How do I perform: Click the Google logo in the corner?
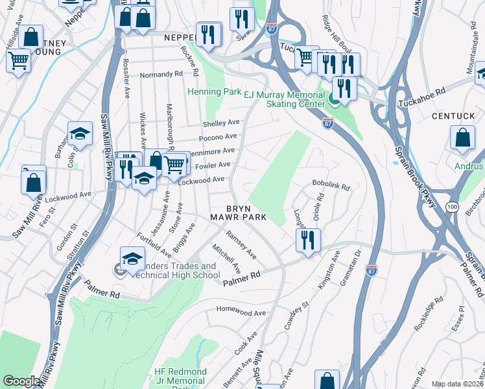[21, 381]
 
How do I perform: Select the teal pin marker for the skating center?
[335, 99]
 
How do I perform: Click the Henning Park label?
[213, 92]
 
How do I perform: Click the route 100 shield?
[452, 206]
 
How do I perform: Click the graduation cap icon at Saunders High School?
[132, 258]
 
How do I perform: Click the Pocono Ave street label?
[217, 137]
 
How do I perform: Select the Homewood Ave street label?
[241, 312]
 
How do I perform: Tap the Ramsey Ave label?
[240, 243]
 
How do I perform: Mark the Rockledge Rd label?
[429, 314]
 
